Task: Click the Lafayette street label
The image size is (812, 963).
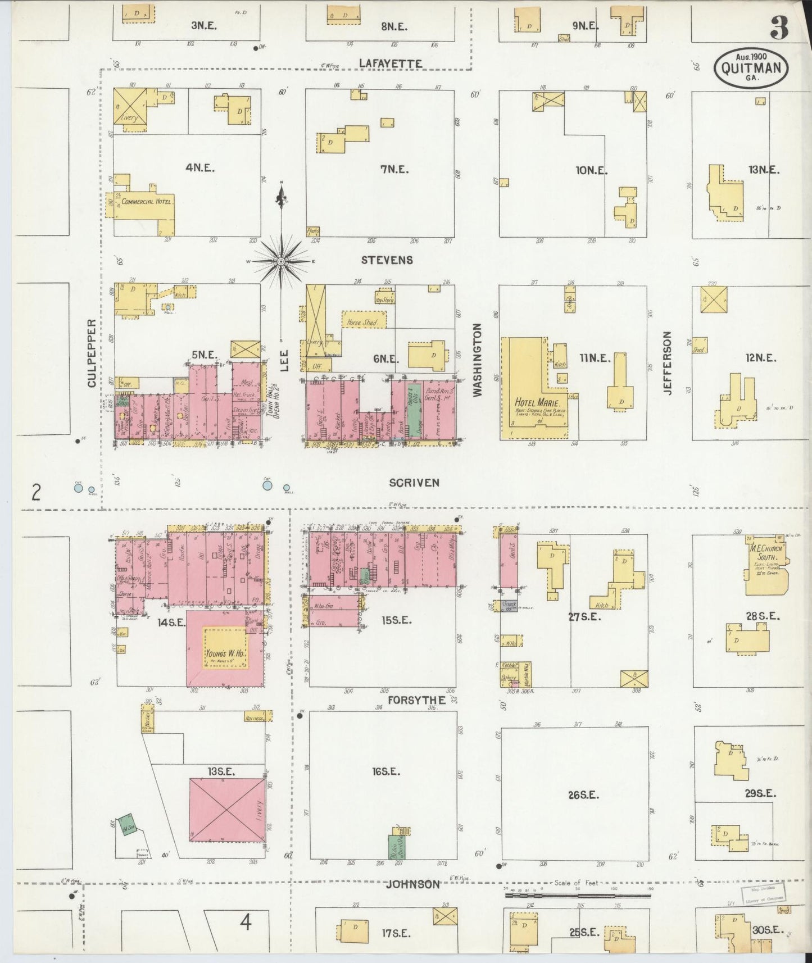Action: pyautogui.click(x=390, y=64)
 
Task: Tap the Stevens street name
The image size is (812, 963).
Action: pyautogui.click(x=387, y=260)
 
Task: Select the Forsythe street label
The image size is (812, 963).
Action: pyautogui.click(x=416, y=700)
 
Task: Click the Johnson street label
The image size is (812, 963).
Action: pyautogui.click(x=413, y=884)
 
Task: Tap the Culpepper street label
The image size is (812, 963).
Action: pyautogui.click(x=91, y=353)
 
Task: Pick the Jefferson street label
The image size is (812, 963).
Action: pyautogui.click(x=667, y=362)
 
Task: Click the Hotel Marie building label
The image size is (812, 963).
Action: pyautogui.click(x=532, y=402)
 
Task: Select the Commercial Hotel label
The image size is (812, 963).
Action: pyautogui.click(x=148, y=202)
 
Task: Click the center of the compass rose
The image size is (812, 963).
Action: pyautogui.click(x=281, y=261)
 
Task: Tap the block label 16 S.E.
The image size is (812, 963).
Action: pyautogui.click(x=385, y=771)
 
